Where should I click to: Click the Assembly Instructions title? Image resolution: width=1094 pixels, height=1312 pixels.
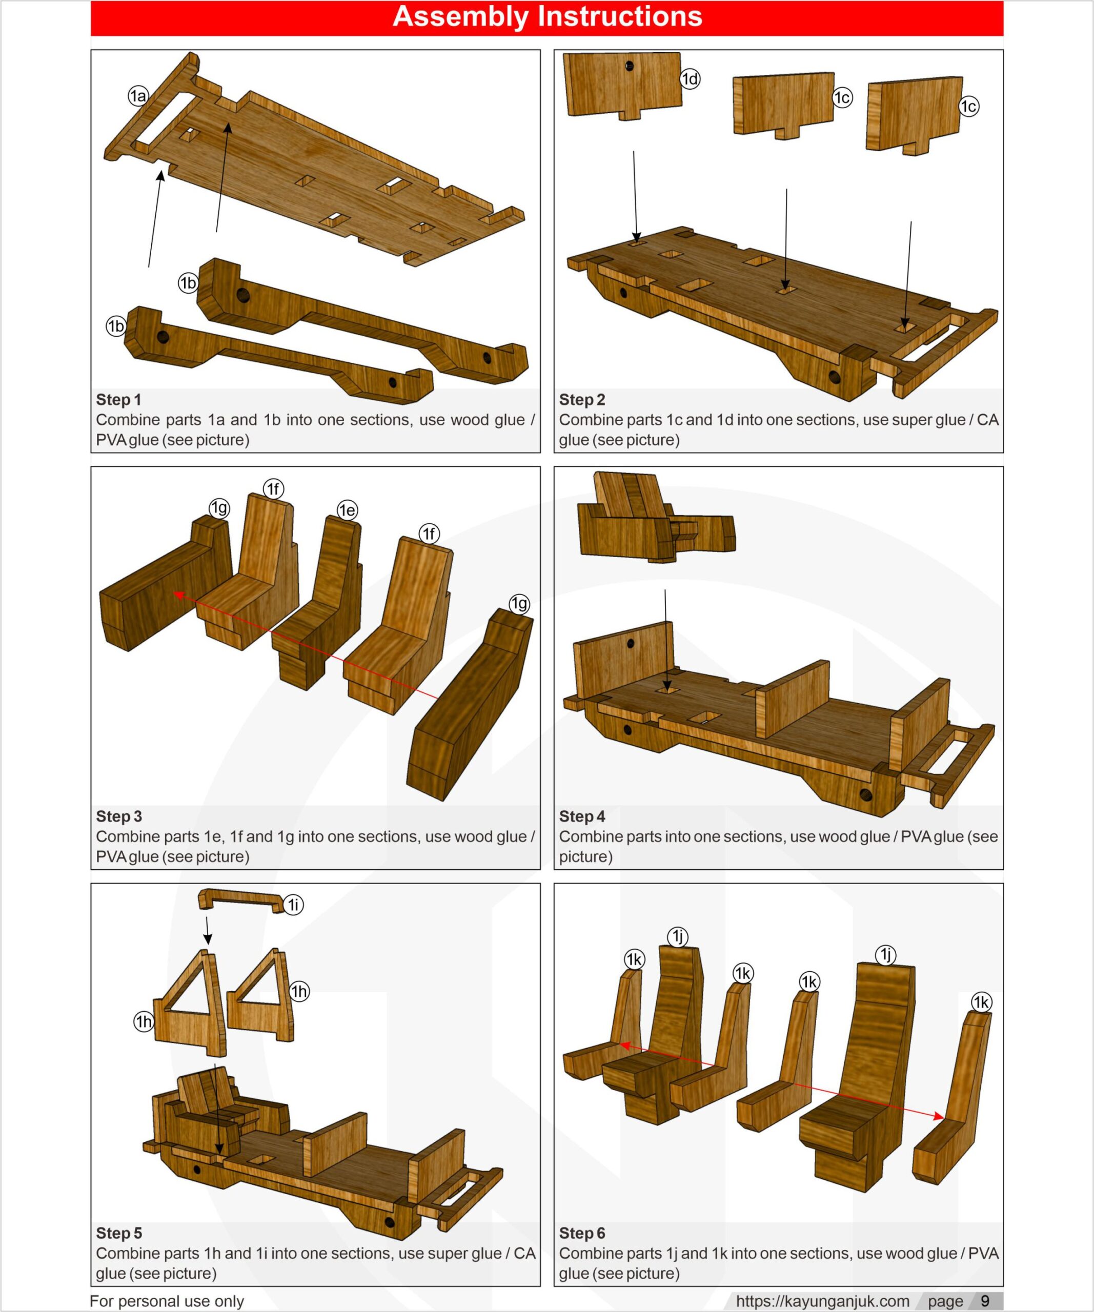(x=548, y=16)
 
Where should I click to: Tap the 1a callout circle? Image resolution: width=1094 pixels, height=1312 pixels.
(x=138, y=96)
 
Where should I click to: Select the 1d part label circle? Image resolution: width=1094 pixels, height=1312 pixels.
(x=690, y=79)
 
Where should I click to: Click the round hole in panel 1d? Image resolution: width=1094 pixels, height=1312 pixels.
(x=629, y=66)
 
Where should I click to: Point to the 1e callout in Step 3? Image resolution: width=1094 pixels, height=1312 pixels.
(x=348, y=510)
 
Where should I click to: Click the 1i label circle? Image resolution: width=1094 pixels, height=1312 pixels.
(x=294, y=905)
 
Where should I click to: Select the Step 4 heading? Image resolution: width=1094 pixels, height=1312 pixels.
(x=582, y=816)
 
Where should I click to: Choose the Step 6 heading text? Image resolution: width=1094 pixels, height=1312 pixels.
(x=582, y=1233)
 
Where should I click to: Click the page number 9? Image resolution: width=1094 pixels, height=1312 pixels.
(x=985, y=1300)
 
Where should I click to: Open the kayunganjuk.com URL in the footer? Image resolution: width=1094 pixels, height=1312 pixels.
(x=822, y=1301)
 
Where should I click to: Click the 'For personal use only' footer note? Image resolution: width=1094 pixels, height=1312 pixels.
(x=167, y=1301)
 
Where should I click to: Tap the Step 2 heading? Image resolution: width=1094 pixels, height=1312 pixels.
(x=582, y=399)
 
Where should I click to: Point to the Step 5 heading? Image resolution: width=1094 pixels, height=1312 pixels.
(x=119, y=1233)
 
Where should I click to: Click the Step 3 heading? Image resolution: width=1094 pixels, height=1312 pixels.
(x=119, y=816)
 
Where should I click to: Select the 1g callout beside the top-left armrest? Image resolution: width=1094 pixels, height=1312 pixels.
(x=219, y=508)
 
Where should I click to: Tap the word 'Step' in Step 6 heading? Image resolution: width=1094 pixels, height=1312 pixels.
(x=575, y=1233)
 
